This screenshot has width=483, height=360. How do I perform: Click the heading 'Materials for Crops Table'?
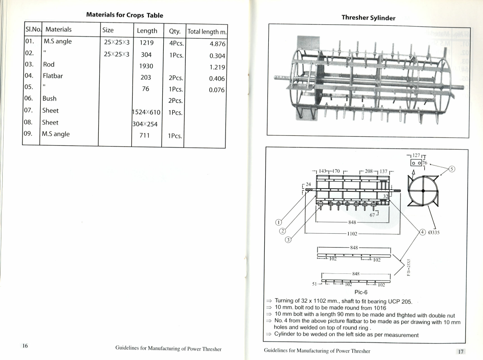click(124, 15)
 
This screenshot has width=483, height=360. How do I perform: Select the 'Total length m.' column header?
click(207, 31)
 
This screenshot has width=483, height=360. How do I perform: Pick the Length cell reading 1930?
click(146, 66)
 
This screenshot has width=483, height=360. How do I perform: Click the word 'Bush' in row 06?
click(50, 98)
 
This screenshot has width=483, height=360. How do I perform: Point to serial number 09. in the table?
click(31, 134)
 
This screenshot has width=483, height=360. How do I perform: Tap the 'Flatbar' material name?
click(53, 76)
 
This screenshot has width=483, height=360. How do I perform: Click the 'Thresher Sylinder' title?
click(368, 18)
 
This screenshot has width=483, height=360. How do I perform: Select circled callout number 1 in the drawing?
click(279, 222)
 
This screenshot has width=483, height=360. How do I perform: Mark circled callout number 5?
click(453, 170)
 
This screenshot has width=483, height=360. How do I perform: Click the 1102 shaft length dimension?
click(352, 234)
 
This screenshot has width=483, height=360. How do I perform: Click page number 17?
click(460, 351)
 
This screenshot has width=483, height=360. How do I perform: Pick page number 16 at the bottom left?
click(25, 346)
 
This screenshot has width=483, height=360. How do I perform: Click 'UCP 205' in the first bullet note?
click(397, 301)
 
